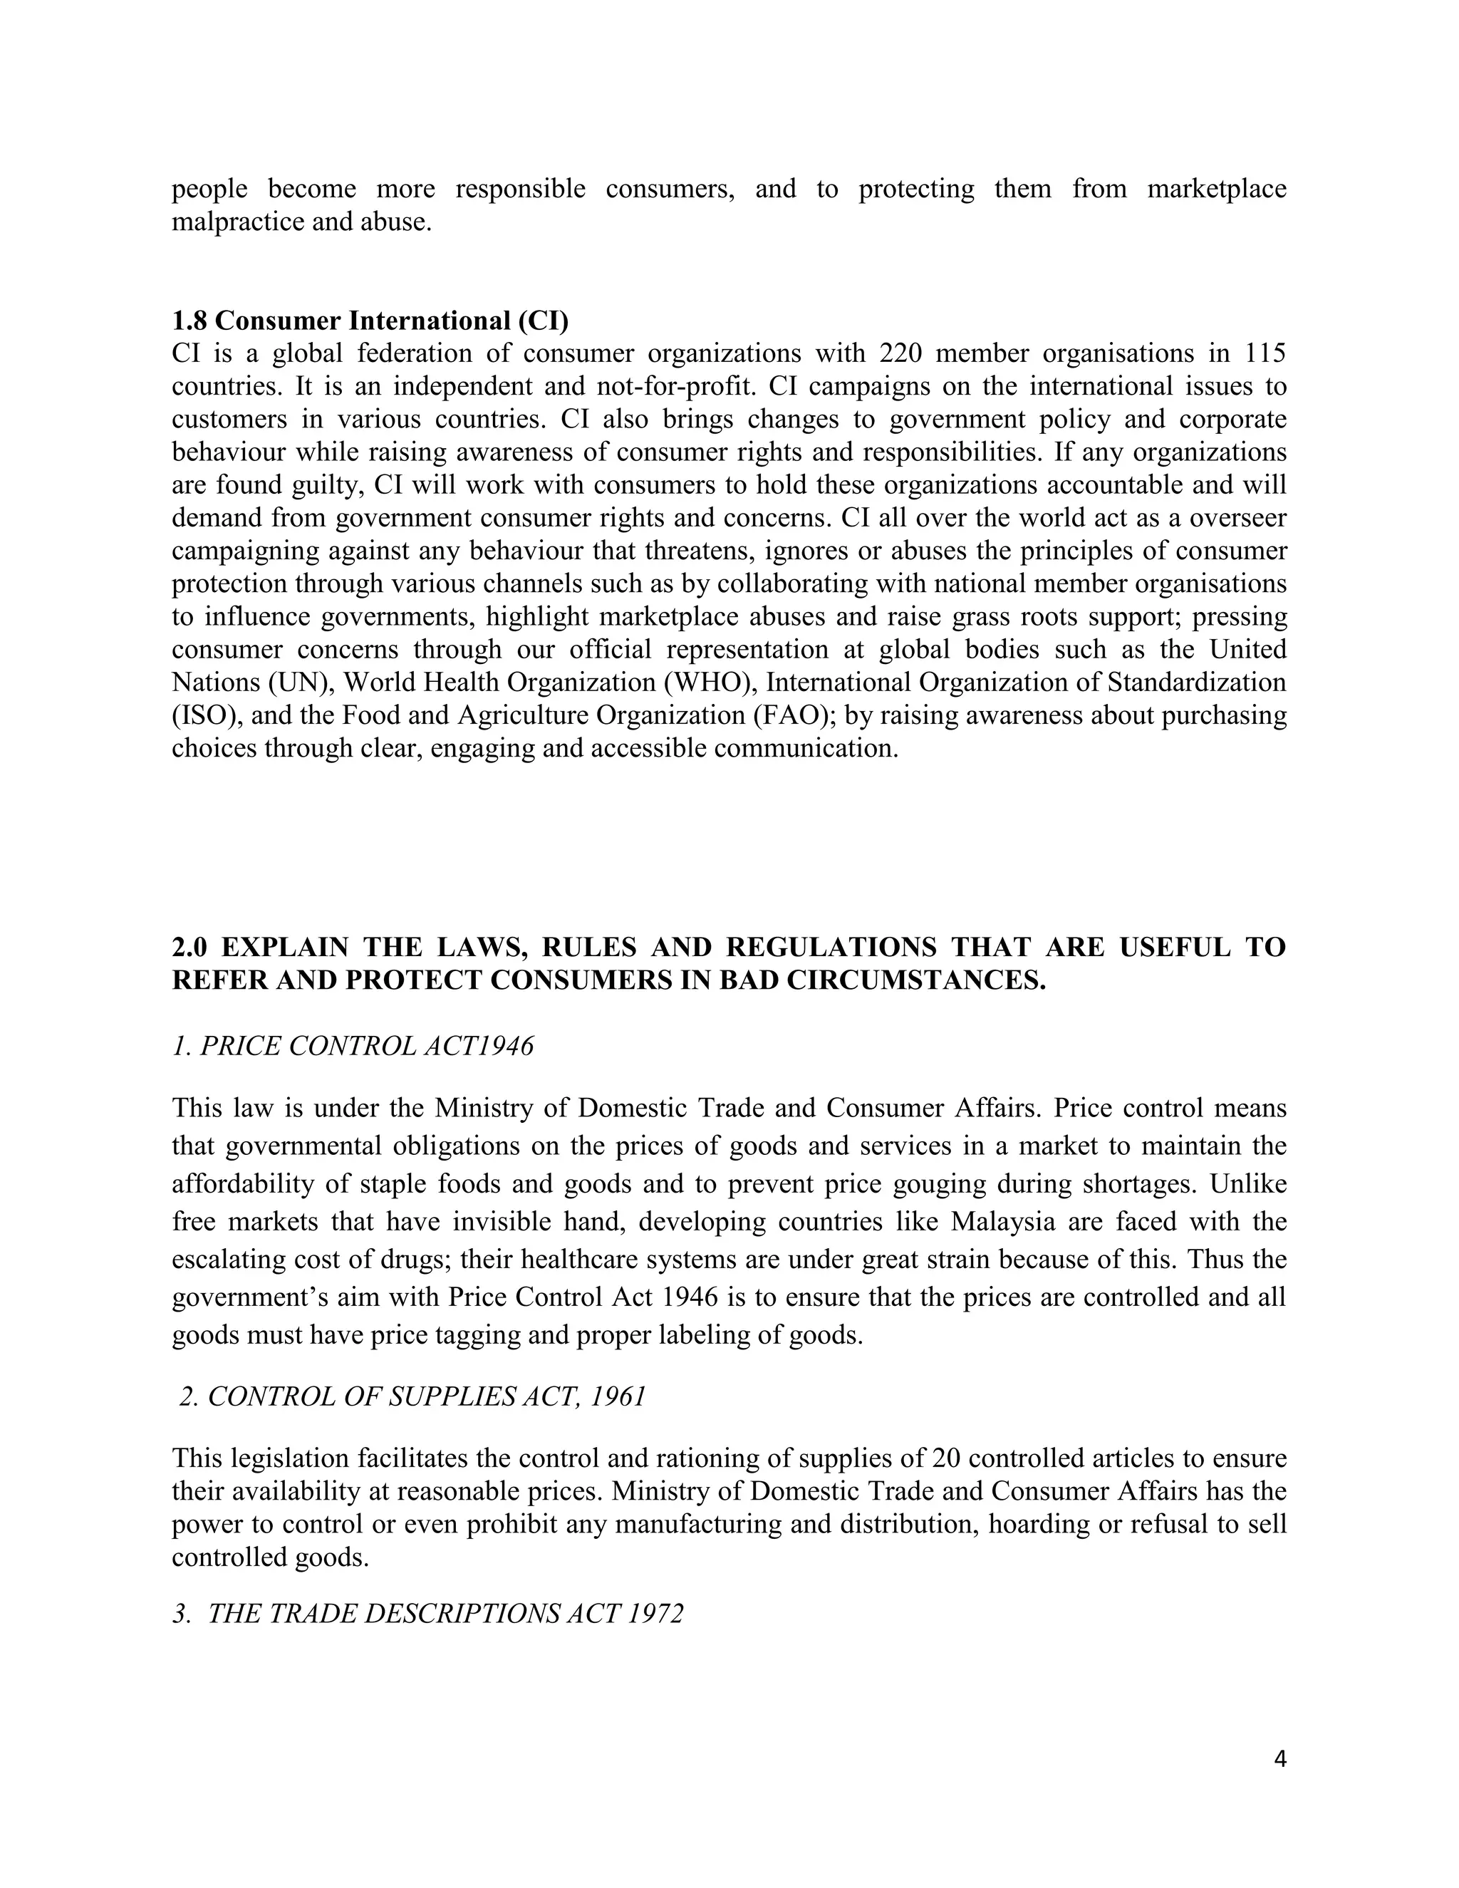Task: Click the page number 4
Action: (1280, 1759)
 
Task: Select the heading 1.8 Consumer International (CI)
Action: (370, 321)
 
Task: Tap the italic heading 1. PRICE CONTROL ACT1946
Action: (353, 1046)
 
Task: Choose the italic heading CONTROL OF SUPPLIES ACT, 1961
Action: (426, 1397)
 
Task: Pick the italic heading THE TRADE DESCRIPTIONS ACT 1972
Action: (445, 1614)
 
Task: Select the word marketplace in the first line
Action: (1216, 190)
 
